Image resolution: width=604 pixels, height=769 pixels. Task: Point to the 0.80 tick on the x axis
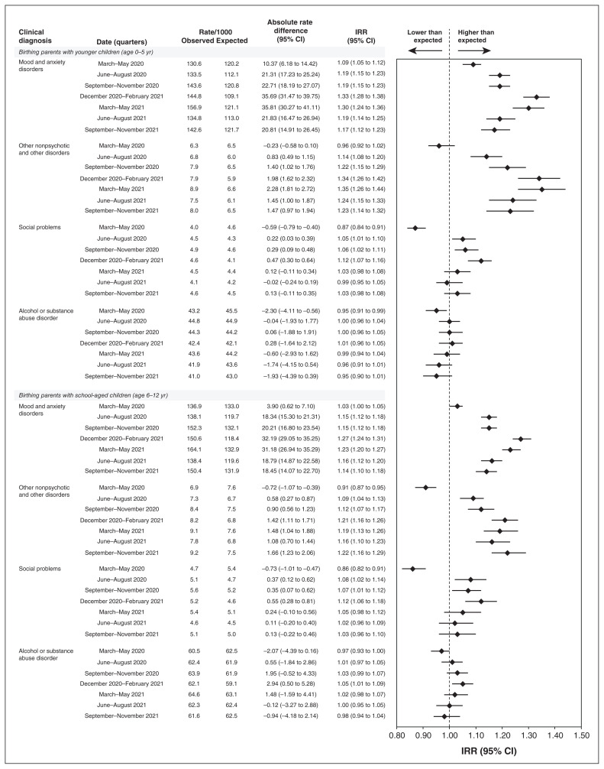tap(396, 735)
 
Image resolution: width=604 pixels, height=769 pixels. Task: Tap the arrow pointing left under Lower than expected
tap(425, 50)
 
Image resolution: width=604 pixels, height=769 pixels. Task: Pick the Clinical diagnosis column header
tap(39, 35)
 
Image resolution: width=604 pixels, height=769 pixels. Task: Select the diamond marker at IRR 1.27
tap(521, 439)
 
